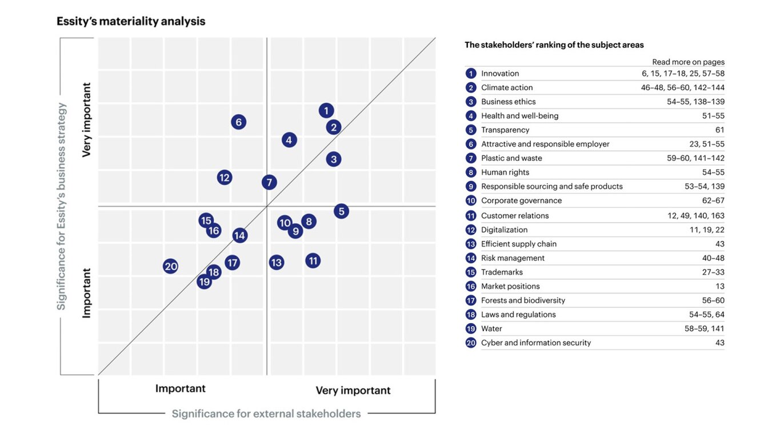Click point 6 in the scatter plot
pos(238,122)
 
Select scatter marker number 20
pos(171,266)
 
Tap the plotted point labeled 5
pos(341,211)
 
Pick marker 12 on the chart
pos(225,178)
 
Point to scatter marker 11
pos(313,261)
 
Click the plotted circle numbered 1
pos(326,111)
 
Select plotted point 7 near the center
pos(269,182)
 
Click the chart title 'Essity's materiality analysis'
pos(131,22)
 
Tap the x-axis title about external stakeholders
pos(266,413)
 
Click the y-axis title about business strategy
pos(62,206)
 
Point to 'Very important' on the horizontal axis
pos(353,391)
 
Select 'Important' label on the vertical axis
pos(87,293)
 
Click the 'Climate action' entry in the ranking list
pos(507,88)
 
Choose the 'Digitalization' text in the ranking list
pos(504,230)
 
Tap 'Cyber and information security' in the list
pos(536,343)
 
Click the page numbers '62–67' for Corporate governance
pos(713,201)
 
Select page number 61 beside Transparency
pos(719,130)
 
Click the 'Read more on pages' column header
pos(688,62)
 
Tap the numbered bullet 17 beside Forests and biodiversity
pos(471,300)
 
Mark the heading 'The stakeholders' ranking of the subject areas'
pos(554,45)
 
